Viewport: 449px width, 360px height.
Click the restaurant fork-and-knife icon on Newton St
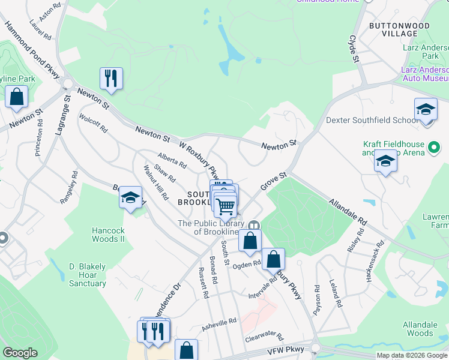[x=111, y=78]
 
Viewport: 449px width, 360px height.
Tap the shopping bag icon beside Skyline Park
[x=16, y=96]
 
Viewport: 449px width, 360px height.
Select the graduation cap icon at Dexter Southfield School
[x=426, y=110]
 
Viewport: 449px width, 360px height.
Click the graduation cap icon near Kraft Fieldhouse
[x=385, y=161]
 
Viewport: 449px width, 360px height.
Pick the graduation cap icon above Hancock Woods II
[x=130, y=197]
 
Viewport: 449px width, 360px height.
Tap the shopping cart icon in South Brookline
[x=226, y=206]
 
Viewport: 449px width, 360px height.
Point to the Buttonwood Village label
[x=399, y=30]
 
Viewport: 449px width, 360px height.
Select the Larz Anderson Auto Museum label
[x=424, y=74]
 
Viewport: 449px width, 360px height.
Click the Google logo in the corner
[x=20, y=353]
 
